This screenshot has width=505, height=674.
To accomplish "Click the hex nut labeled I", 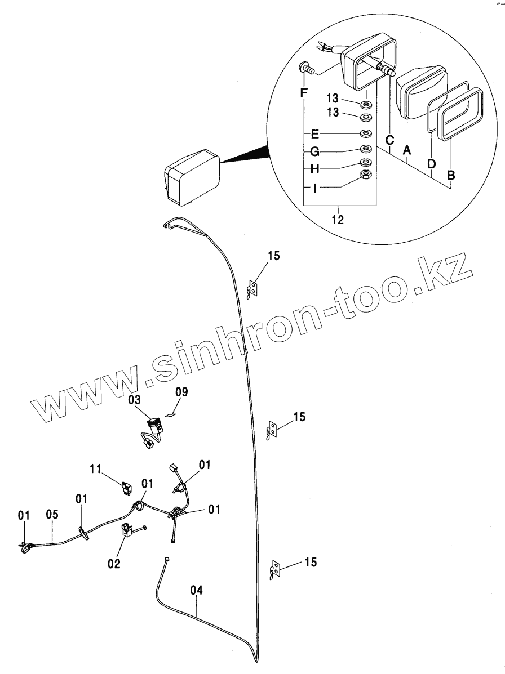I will [366, 176].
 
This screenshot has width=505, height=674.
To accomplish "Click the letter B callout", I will [450, 175].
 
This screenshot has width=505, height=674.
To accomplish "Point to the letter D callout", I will [431, 164].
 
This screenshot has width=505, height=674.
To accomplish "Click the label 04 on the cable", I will [196, 590].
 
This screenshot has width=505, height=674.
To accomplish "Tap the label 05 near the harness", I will [52, 514].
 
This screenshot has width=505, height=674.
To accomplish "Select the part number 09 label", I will [181, 391].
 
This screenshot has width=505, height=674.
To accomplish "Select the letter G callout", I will [315, 152].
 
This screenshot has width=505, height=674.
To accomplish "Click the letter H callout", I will [315, 169].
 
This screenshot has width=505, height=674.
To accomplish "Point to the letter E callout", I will [315, 134].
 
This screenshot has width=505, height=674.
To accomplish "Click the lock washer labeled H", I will [366, 163].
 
